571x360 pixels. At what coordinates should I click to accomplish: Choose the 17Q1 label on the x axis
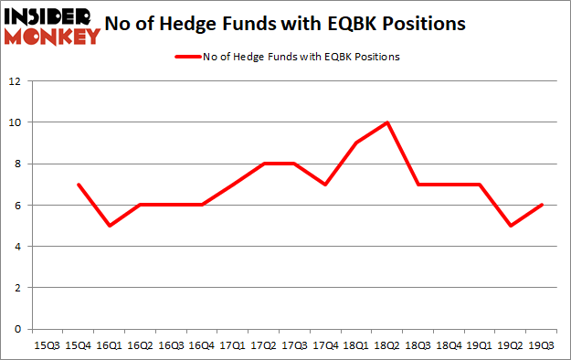(233, 346)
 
